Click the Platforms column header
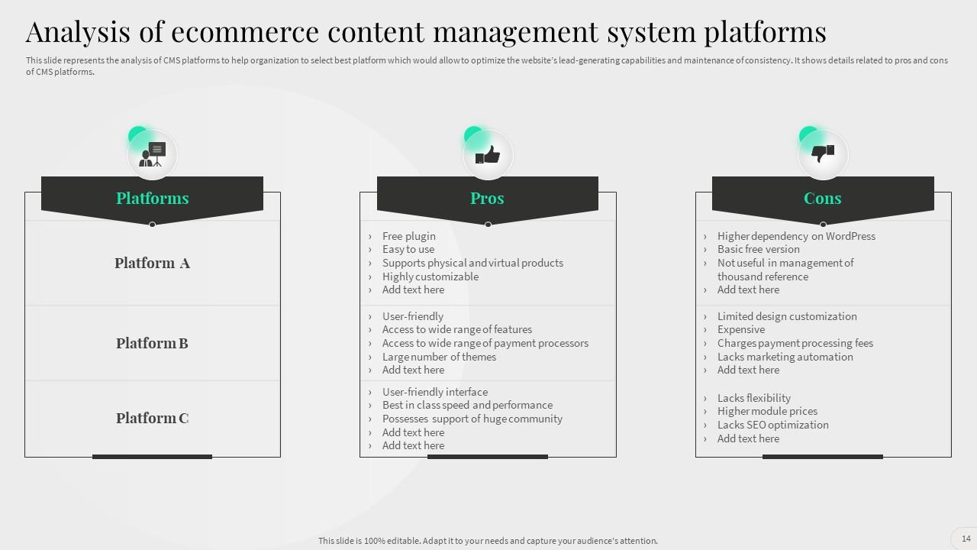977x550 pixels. [152, 198]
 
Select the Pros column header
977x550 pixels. [487, 198]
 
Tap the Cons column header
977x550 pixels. [822, 198]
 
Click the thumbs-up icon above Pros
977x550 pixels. [488, 155]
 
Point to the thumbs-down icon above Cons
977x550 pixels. [822, 154]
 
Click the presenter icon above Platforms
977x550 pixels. [152, 155]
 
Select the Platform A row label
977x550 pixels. [152, 263]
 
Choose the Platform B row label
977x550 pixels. [152, 343]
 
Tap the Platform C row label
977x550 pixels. [152, 418]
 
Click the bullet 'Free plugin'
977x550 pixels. [408, 236]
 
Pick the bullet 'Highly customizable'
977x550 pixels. [430, 277]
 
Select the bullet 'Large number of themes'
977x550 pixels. [439, 357]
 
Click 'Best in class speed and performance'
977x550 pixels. [467, 405]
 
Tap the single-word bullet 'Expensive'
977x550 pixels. [740, 329]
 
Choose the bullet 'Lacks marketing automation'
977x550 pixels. [785, 357]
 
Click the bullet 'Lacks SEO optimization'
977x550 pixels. [772, 425]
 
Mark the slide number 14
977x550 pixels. [966, 538]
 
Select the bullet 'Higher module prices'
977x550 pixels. [767, 411]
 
